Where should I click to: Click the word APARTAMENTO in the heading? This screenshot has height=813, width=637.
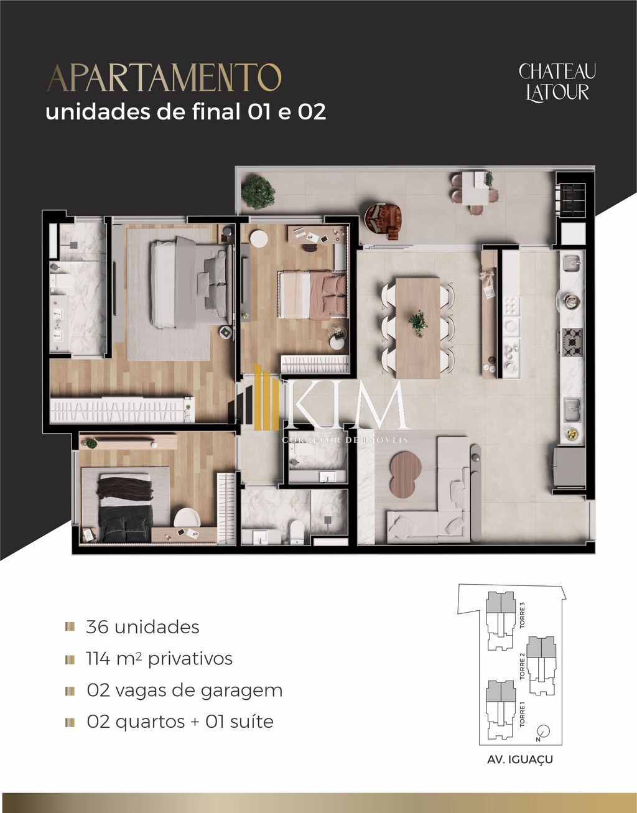click(x=164, y=78)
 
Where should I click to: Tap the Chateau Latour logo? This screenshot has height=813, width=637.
click(x=557, y=81)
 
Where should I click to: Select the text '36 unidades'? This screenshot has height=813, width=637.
click(x=142, y=627)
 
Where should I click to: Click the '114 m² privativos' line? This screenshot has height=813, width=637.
click(x=159, y=659)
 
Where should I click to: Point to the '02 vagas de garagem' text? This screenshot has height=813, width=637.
click(x=184, y=690)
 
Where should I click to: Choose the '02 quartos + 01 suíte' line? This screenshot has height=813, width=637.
click(x=180, y=722)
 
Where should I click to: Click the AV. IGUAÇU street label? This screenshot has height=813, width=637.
click(x=521, y=760)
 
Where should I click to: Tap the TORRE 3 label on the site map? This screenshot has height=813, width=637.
click(x=522, y=614)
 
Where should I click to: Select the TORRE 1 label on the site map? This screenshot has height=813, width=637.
click(x=522, y=715)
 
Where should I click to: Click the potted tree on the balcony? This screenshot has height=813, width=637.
click(x=258, y=192)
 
